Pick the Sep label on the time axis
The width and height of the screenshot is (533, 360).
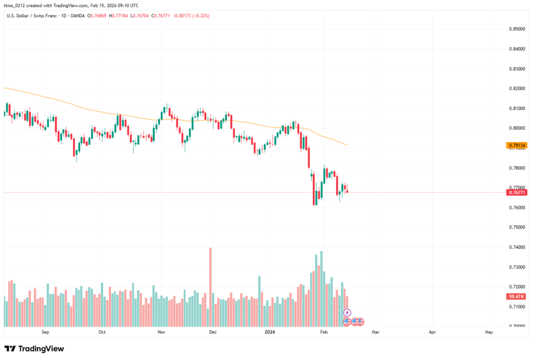coord(45,331)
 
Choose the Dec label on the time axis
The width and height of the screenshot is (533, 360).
coord(212,331)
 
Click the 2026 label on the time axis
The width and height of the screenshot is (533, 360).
coord(269,331)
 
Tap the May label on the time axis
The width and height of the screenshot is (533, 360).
coord(489,331)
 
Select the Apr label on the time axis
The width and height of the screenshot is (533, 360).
coord(432,331)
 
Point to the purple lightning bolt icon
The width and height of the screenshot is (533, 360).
coord(347,312)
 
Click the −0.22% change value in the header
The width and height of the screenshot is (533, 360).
coord(210,16)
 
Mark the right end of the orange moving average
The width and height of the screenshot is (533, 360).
coord(347,145)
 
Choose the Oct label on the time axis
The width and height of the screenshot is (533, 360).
coord(102,331)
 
